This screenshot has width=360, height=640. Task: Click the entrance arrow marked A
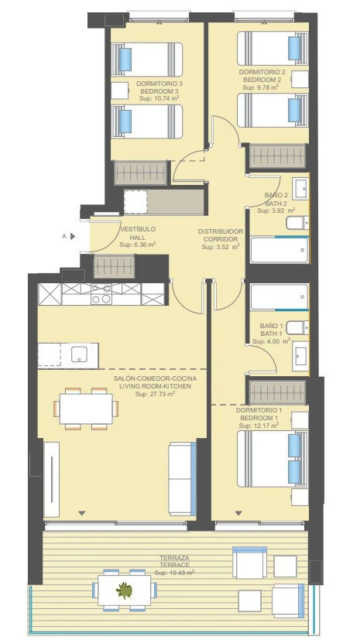(73, 236)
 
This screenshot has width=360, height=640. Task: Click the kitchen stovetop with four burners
(101, 294)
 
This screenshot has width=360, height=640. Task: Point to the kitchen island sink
(79, 354)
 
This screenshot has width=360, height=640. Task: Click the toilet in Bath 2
(297, 223)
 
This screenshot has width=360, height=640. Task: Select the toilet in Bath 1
(297, 327)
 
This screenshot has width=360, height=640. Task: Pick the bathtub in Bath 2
(279, 250)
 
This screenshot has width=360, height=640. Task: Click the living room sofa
(183, 478)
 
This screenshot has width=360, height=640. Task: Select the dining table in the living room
(86, 409)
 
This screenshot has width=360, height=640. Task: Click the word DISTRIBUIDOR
(221, 231)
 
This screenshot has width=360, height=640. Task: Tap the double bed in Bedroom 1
(273, 459)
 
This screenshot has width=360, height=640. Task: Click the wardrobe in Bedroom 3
(141, 173)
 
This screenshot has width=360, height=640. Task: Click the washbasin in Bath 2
(301, 189)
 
